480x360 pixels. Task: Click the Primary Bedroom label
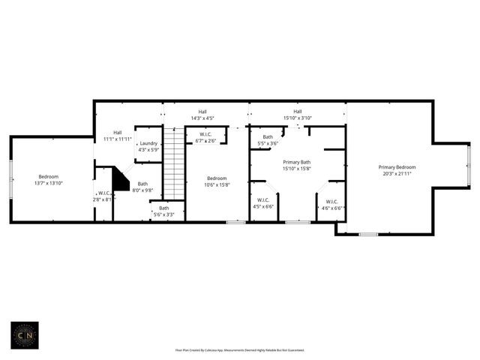tap(397, 167)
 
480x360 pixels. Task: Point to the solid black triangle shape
tap(119, 180)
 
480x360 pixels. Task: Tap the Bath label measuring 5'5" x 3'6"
tap(268, 139)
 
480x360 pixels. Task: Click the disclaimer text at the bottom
tap(240, 349)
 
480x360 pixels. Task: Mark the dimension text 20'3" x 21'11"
tap(397, 173)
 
